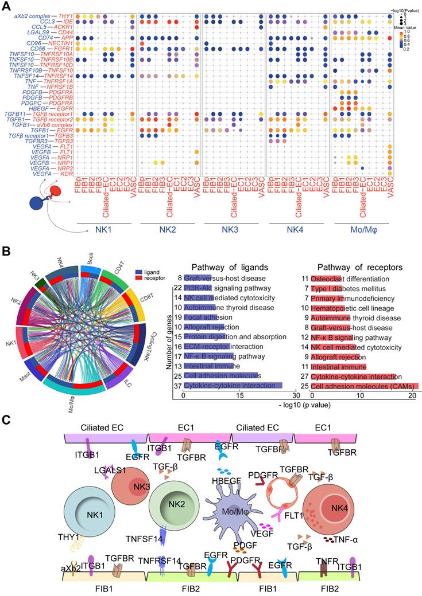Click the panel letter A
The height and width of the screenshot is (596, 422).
[x=7, y=6]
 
